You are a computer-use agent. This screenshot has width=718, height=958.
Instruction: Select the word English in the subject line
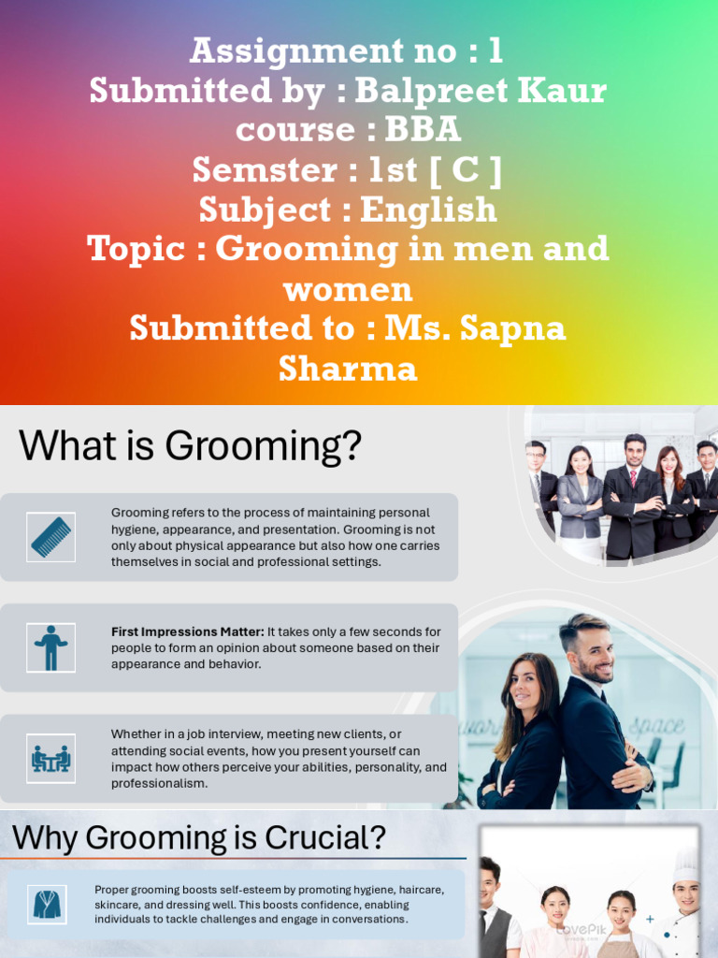click(428, 210)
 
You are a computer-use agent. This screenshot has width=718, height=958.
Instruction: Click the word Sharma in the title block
click(347, 369)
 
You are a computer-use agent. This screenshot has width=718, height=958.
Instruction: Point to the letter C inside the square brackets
click(465, 170)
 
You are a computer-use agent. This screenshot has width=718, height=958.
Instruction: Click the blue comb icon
click(50, 537)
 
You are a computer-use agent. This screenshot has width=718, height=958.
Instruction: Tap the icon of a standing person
click(50, 647)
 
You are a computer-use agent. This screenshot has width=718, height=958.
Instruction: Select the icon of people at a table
click(50, 758)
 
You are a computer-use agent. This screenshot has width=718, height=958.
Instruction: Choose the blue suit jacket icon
click(46, 904)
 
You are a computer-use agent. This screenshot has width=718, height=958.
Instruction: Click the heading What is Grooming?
click(190, 446)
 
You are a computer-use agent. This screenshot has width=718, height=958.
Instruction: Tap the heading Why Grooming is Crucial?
click(198, 836)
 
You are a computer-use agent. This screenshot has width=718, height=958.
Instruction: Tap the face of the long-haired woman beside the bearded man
click(527, 687)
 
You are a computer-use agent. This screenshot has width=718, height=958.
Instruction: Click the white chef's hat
click(686, 864)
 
